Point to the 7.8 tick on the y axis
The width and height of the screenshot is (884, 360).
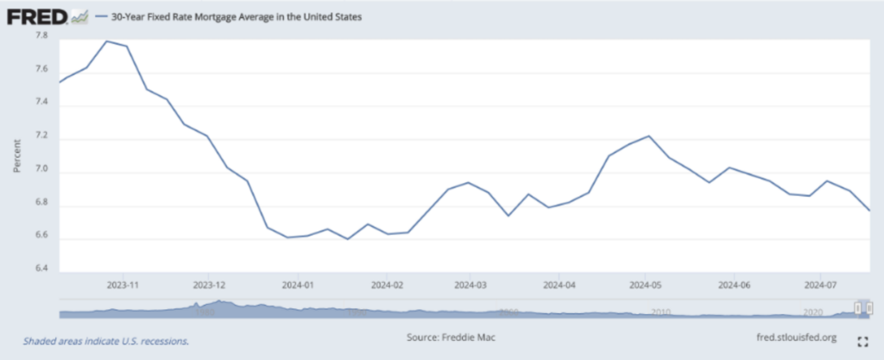click(x=41, y=36)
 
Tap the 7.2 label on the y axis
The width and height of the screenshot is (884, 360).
click(x=41, y=138)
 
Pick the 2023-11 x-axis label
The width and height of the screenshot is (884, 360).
click(x=124, y=283)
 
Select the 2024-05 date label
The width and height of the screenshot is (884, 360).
click(x=645, y=283)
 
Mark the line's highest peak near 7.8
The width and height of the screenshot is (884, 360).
click(x=106, y=41)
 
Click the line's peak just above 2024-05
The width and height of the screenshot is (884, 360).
click(x=648, y=136)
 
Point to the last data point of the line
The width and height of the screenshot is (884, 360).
click(x=869, y=211)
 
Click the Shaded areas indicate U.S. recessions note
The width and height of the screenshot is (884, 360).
click(x=106, y=340)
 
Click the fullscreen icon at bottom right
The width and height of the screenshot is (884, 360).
click(x=861, y=340)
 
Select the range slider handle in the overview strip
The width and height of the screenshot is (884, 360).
click(x=859, y=307)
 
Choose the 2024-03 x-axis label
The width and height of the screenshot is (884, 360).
click(x=470, y=283)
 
